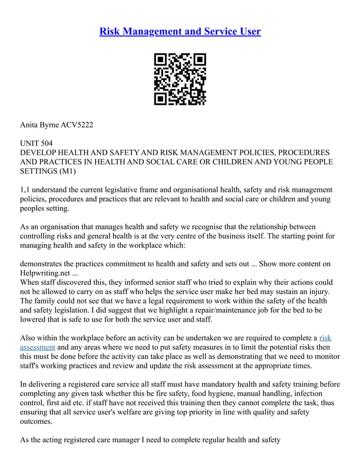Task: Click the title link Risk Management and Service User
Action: [x=180, y=31]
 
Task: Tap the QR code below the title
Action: [x=180, y=79]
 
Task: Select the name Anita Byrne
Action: [x=39, y=124]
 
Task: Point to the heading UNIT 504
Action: [x=37, y=143]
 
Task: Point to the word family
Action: [x=48, y=301]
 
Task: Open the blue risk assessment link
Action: [x=37, y=347]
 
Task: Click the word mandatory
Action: [x=203, y=384]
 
